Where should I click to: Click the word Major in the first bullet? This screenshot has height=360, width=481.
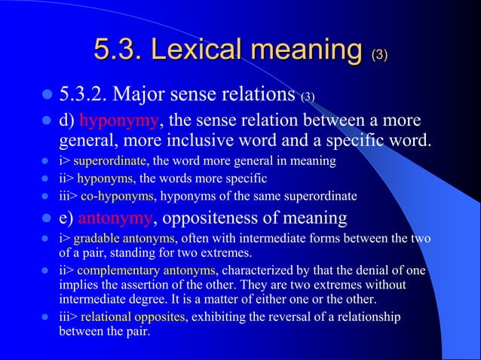[x=147, y=96]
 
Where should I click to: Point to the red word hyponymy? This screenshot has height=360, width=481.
[x=118, y=121]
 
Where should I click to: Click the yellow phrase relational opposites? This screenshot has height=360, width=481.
[x=132, y=317]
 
